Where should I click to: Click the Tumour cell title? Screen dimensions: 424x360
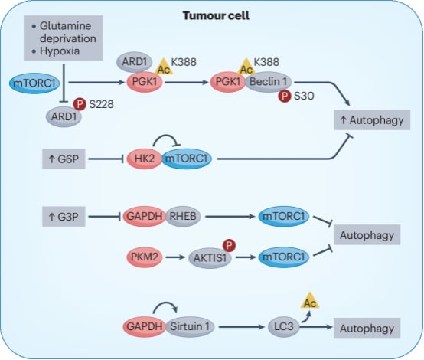[216, 15]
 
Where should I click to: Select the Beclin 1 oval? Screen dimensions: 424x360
[268, 82]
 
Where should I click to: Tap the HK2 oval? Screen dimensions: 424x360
[145, 159]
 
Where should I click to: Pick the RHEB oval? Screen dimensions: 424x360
[183, 216]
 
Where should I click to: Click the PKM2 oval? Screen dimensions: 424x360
[145, 257]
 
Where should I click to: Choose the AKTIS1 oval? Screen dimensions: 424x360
[210, 258]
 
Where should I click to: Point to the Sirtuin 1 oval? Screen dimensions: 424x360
[190, 327]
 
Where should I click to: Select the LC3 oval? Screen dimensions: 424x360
[284, 327]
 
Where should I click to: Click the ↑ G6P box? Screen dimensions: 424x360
[64, 159]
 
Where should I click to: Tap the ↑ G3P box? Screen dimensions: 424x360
[64, 217]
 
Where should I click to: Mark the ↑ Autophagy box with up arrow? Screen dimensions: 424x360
[372, 120]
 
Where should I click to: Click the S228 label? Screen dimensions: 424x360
[101, 104]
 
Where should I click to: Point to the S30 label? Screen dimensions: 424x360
[304, 96]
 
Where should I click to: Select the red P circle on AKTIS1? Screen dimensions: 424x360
[229, 246]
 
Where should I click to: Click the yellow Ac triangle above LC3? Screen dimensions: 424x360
[310, 301]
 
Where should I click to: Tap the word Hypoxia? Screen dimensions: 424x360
[60, 51]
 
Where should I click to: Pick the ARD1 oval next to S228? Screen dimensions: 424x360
[64, 117]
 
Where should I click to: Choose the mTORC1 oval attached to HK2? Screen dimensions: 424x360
[187, 159]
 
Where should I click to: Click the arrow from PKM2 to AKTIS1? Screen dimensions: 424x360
[175, 257]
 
